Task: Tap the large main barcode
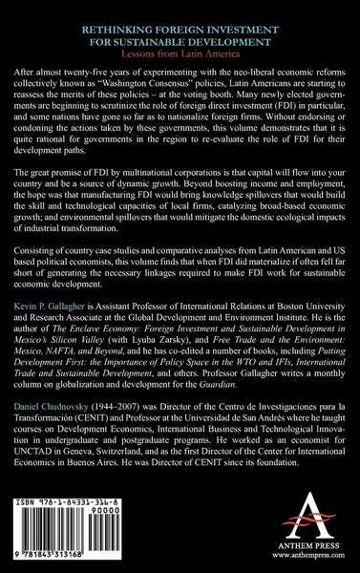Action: tap(61, 540)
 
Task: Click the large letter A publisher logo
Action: tap(291, 526)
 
